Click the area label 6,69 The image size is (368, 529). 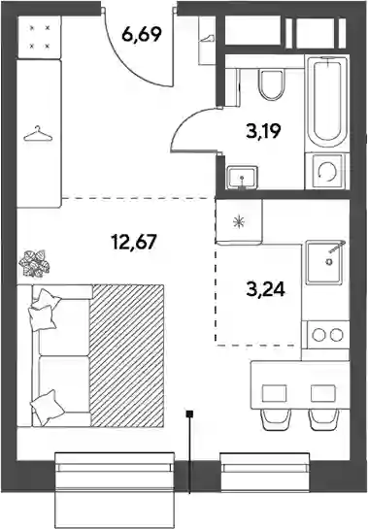142,34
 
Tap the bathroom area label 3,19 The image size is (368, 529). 264,131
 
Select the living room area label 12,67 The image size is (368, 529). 134,242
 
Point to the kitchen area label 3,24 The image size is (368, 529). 266,289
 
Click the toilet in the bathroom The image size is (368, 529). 271,85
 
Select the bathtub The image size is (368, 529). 327,104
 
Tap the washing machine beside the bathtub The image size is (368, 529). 327,171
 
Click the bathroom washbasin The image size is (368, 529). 242,177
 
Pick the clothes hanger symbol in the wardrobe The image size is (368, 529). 38,134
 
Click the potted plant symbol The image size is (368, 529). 34,263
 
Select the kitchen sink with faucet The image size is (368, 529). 323,262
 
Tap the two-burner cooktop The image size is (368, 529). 327,335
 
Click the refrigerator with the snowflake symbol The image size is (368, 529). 239,221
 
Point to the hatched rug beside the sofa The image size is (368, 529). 127,355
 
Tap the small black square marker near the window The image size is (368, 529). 190,413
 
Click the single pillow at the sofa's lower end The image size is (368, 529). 47,408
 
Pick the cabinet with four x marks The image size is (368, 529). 39,37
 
